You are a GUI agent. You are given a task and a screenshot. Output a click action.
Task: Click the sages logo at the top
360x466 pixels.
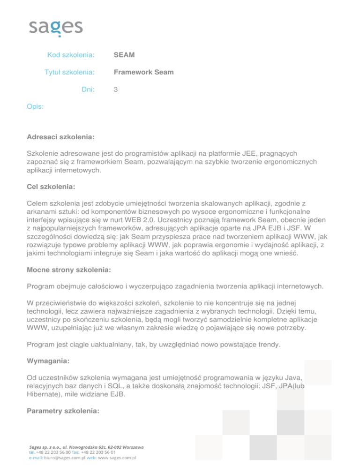coord(56,28)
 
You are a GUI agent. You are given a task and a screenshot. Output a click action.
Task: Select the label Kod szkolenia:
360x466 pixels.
coord(71,55)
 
